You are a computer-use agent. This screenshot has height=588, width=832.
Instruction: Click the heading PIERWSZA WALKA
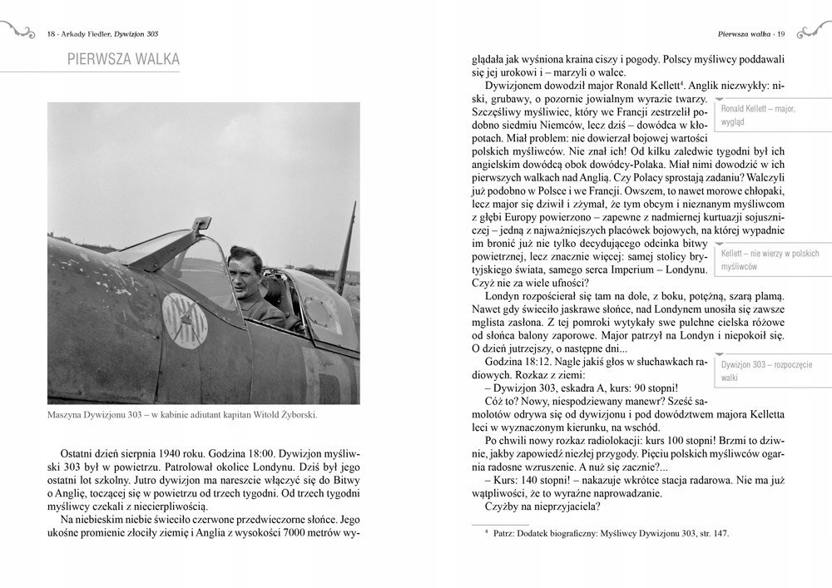pyautogui.click(x=123, y=59)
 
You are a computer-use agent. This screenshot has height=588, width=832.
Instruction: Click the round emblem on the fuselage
pyautogui.click(x=184, y=319)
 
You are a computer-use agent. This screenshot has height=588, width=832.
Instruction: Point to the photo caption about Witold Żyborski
pyautogui.click(x=183, y=416)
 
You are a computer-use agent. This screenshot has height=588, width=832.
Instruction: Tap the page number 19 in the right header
pyautogui.click(x=781, y=34)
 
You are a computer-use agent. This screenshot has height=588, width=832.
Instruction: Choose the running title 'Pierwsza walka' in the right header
pyautogui.click(x=742, y=34)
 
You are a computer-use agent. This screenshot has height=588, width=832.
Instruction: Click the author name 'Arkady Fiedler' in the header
pyautogui.click(x=86, y=34)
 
